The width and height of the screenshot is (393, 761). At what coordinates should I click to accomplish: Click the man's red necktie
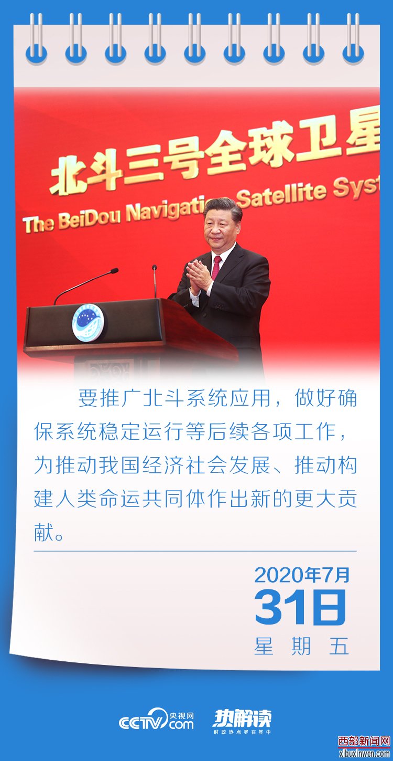pyautogui.click(x=216, y=267)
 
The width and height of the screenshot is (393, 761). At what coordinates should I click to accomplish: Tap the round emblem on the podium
pyautogui.click(x=88, y=323)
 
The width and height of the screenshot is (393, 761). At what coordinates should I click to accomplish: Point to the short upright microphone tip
pyautogui.click(x=154, y=268)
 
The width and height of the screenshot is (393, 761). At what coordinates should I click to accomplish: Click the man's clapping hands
pyautogui.click(x=198, y=276)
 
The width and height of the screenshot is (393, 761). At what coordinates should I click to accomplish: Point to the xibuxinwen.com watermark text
pyautogui.click(x=364, y=753)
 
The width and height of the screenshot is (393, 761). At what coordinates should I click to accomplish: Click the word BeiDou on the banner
pyautogui.click(x=89, y=218)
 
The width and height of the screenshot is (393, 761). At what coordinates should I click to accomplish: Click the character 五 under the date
pyautogui.click(x=339, y=646)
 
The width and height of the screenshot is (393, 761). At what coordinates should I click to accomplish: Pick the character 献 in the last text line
pyautogui.click(x=44, y=532)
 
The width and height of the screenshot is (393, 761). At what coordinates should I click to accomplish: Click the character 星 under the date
pyautogui.click(x=264, y=646)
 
